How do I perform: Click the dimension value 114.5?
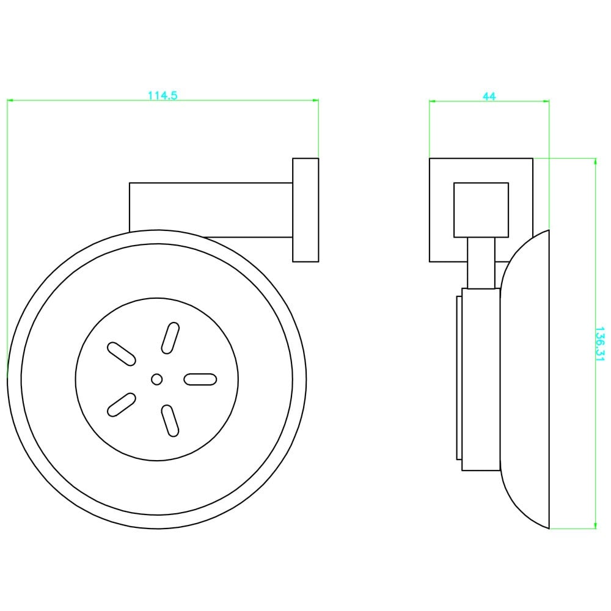[163, 95]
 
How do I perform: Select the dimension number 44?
[489, 96]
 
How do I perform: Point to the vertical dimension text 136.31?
[599, 343]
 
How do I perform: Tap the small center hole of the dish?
[156, 379]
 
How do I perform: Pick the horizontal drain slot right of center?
[200, 379]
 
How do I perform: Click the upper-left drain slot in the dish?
[121, 354]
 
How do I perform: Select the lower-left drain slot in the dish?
[121, 405]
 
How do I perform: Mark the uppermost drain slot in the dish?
[170, 338]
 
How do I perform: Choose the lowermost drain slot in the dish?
[170, 421]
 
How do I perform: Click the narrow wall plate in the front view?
[305, 210]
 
